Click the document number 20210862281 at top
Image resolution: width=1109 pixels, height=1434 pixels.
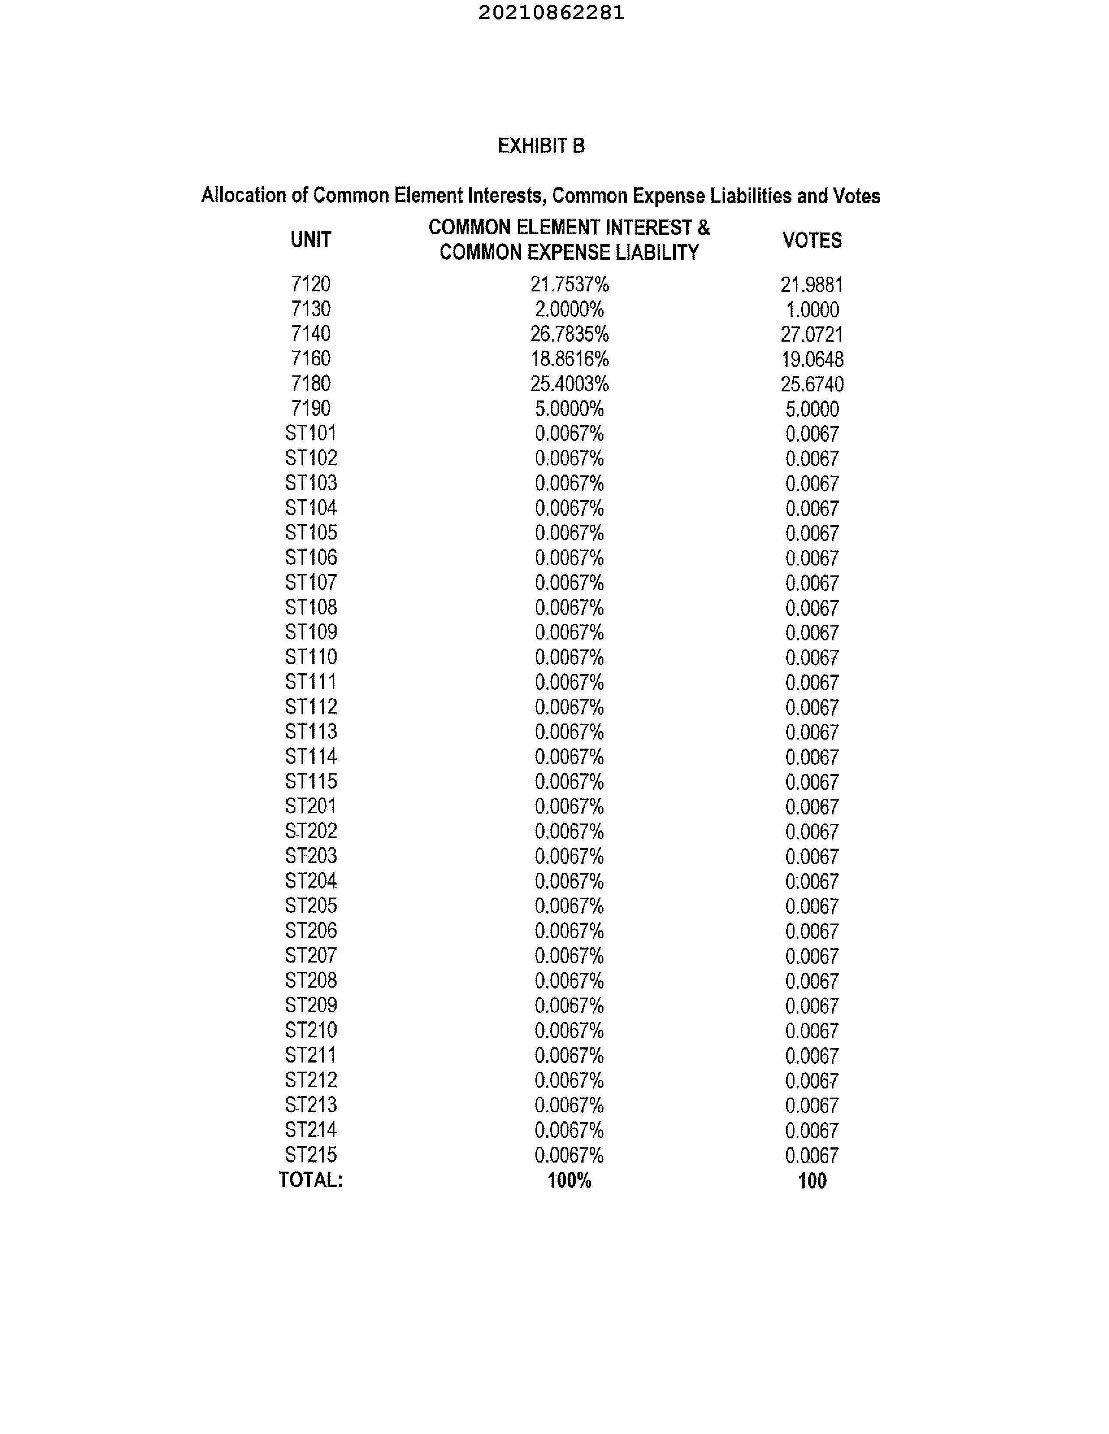[551, 13]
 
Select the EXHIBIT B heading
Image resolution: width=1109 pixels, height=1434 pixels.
[541, 146]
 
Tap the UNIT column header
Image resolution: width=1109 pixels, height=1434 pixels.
[310, 240]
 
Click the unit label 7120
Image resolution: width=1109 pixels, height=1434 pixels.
[310, 284]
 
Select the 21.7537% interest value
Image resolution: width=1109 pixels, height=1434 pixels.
[569, 284]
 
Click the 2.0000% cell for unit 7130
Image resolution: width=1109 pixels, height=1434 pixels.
[569, 309]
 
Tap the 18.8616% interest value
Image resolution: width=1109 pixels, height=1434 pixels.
[569, 359]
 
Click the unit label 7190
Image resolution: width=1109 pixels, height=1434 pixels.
[310, 408]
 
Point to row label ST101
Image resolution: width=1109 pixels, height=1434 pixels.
[310, 433]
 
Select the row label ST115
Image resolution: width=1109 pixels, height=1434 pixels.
[310, 782]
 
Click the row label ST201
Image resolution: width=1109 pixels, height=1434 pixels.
[310, 806]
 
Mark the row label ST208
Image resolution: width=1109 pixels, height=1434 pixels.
[310, 980]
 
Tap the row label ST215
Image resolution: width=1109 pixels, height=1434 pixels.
[310, 1154]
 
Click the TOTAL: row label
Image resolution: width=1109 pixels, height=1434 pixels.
[310, 1180]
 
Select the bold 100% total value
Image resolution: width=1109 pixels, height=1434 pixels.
[569, 1181]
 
